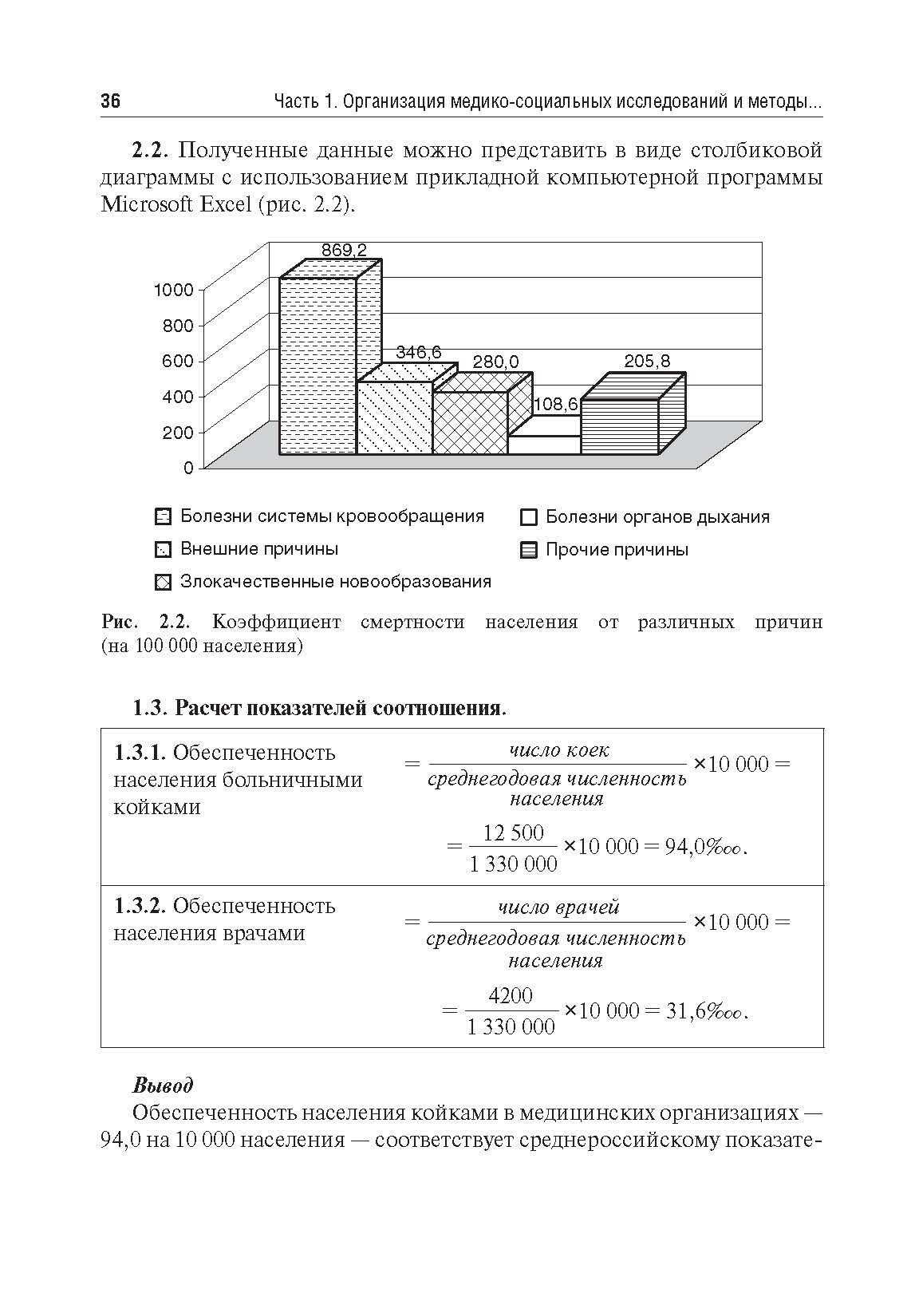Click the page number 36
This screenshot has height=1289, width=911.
[111, 101]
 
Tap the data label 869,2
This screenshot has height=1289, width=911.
[344, 250]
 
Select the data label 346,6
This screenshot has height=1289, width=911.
[418, 353]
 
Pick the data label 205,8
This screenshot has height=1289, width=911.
[647, 361]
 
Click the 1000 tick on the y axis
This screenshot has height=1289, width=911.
[174, 290]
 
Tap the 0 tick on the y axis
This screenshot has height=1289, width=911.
[188, 468]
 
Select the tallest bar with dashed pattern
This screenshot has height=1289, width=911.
[317, 367]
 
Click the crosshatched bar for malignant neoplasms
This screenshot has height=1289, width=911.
[470, 423]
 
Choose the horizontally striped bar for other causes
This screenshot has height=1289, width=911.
[619, 427]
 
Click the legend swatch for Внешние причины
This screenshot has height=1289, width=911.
[162, 550]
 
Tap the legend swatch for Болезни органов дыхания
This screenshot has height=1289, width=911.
[528, 518]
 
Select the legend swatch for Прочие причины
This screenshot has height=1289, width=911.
[528, 551]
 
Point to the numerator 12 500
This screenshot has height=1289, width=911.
[514, 833]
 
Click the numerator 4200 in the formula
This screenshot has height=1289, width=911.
[511, 996]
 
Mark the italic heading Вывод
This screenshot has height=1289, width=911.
[163, 1085]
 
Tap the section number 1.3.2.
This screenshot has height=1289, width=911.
[140, 907]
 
